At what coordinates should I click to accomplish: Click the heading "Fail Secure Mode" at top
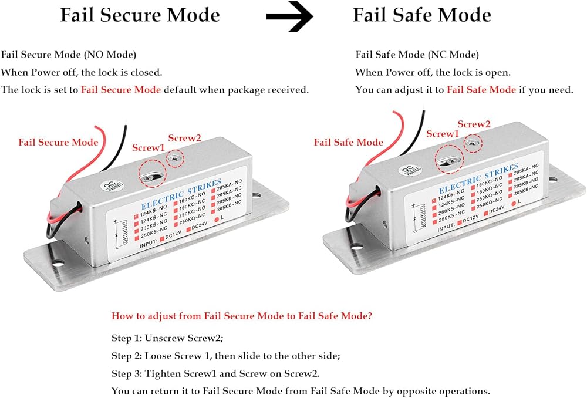(140, 15)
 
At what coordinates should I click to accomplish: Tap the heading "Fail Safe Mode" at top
(421, 15)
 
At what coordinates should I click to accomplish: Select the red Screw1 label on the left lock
(149, 148)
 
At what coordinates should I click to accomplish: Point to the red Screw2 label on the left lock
(184, 138)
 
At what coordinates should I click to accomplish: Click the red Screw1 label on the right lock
(443, 134)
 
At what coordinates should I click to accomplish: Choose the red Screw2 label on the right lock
(474, 124)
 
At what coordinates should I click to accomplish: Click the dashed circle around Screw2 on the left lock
(175, 157)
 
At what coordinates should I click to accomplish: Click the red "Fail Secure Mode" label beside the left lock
(58, 143)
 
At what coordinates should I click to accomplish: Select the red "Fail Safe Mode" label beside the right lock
(348, 142)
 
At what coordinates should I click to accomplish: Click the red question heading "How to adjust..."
(241, 316)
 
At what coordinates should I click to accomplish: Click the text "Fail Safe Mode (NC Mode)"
(417, 55)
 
